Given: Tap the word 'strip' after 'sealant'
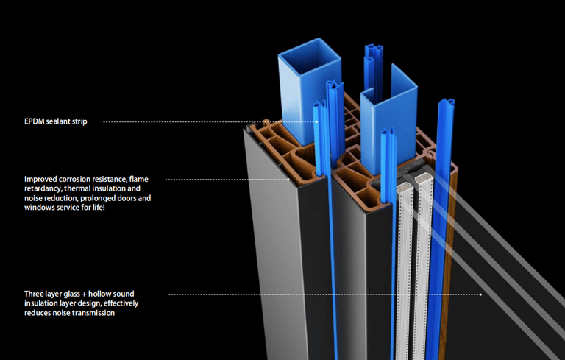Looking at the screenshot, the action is tap(78, 121).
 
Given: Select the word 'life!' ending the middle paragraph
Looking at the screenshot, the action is tap(94, 208).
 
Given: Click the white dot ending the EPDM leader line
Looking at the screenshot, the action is tap(316, 121).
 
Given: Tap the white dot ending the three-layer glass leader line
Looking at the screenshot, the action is tap(480, 294).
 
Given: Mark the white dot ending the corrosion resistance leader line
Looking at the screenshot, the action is tap(289, 179).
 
